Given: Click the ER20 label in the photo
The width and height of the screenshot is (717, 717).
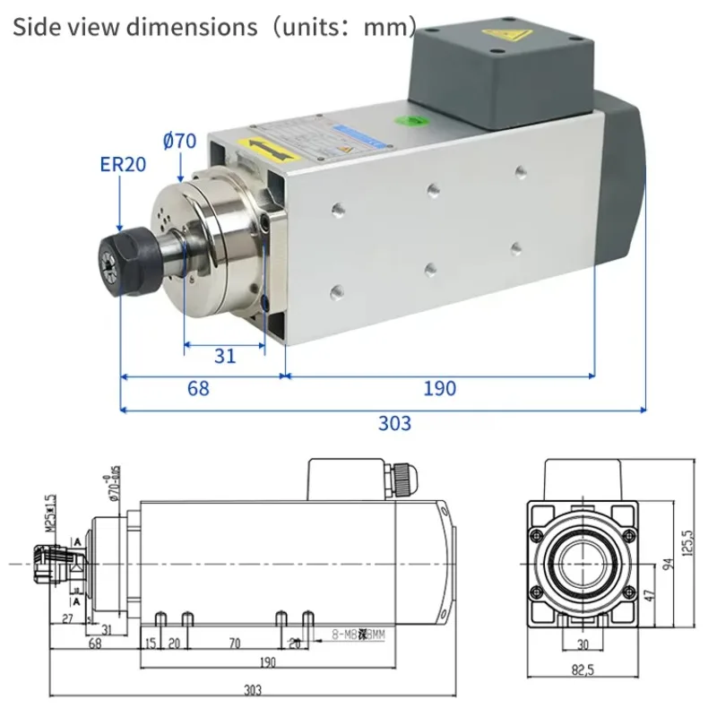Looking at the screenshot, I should coord(123,164).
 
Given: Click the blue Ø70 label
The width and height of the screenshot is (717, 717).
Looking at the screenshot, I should coord(179,141).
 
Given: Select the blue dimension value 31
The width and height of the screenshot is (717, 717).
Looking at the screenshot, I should coord(225,356).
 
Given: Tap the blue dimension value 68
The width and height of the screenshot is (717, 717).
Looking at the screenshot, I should coord(198,389).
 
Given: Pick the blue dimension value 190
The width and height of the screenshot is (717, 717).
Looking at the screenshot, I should coord(439,389).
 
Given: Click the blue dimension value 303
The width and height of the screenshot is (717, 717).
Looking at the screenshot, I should coord(394,422).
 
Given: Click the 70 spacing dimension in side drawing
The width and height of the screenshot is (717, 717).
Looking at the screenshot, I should coord(235,644).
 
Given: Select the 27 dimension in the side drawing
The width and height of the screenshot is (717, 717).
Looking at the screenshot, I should coord(68,618).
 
